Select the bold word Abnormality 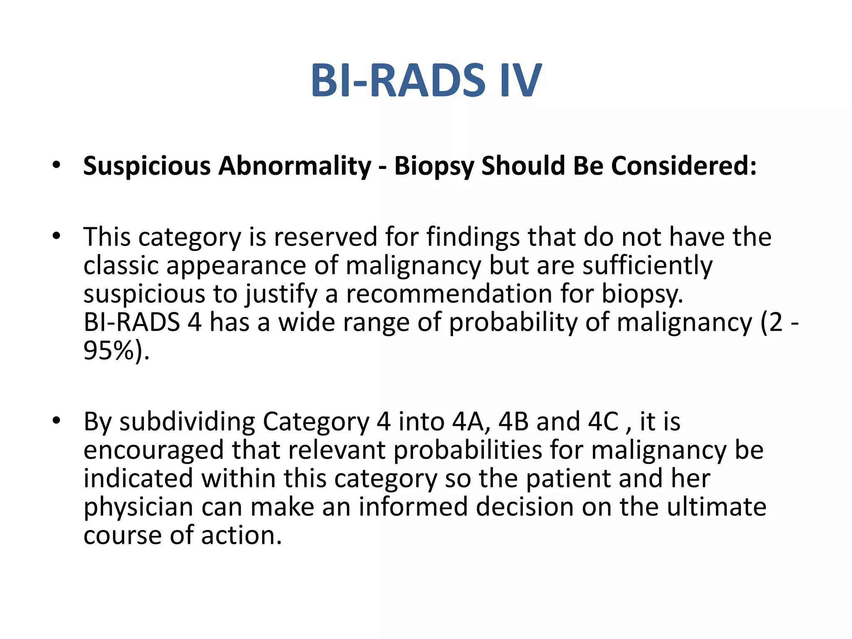point(295,166)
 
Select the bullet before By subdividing point(57,421)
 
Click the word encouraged point(154,450)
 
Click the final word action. point(241,535)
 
